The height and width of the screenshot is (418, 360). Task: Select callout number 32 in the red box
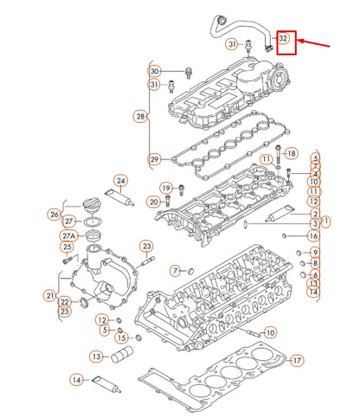tap(284, 39)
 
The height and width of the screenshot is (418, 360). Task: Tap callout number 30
tap(154, 71)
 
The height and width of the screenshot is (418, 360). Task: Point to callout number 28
tap(140, 115)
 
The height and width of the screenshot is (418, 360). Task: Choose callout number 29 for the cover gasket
tap(154, 159)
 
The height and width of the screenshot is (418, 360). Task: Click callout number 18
tap(291, 153)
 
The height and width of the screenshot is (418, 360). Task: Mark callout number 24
tap(121, 181)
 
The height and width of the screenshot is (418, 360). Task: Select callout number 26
tap(55, 215)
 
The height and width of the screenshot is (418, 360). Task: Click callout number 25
tap(67, 247)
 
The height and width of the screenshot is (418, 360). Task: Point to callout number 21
tap(50, 296)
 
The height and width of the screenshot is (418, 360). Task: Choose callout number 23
tap(65, 312)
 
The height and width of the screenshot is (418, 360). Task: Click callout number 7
tap(174, 271)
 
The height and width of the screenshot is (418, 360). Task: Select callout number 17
tap(298, 360)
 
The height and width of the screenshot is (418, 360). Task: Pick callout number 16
tap(313, 235)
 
